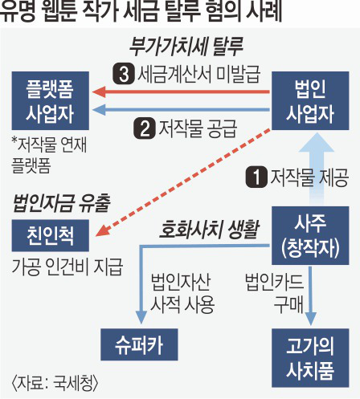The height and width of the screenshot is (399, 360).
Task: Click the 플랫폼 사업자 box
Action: pos(51,100)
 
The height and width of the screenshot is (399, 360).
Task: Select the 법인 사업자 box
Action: pos(310,100)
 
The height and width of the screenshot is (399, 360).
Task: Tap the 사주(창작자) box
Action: pos(310,235)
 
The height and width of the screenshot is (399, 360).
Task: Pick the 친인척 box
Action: pos(51,235)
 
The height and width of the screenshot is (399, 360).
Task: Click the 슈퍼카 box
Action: pos(139,344)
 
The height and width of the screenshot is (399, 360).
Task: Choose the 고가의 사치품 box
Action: pos(310,358)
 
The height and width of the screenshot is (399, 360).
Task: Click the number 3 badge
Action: pos(124,74)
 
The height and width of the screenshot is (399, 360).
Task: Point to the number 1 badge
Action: pos(256,177)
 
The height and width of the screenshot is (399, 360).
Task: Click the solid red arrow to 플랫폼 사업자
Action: pos(181,92)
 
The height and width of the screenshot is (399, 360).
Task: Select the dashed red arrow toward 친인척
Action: pos(182,182)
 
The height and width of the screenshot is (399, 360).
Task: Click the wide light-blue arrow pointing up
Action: pos(317,169)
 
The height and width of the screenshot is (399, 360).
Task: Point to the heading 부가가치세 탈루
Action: pos(186,47)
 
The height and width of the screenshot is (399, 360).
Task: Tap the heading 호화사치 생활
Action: pos(209,230)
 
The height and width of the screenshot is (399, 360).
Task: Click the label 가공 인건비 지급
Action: pos(67,267)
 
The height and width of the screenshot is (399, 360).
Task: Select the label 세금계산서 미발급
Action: pos(198,74)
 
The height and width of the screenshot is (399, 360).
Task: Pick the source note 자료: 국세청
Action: pos(55,383)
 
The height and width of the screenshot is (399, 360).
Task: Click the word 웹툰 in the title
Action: pos(59,12)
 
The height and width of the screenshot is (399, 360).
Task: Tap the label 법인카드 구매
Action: pos(275,294)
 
